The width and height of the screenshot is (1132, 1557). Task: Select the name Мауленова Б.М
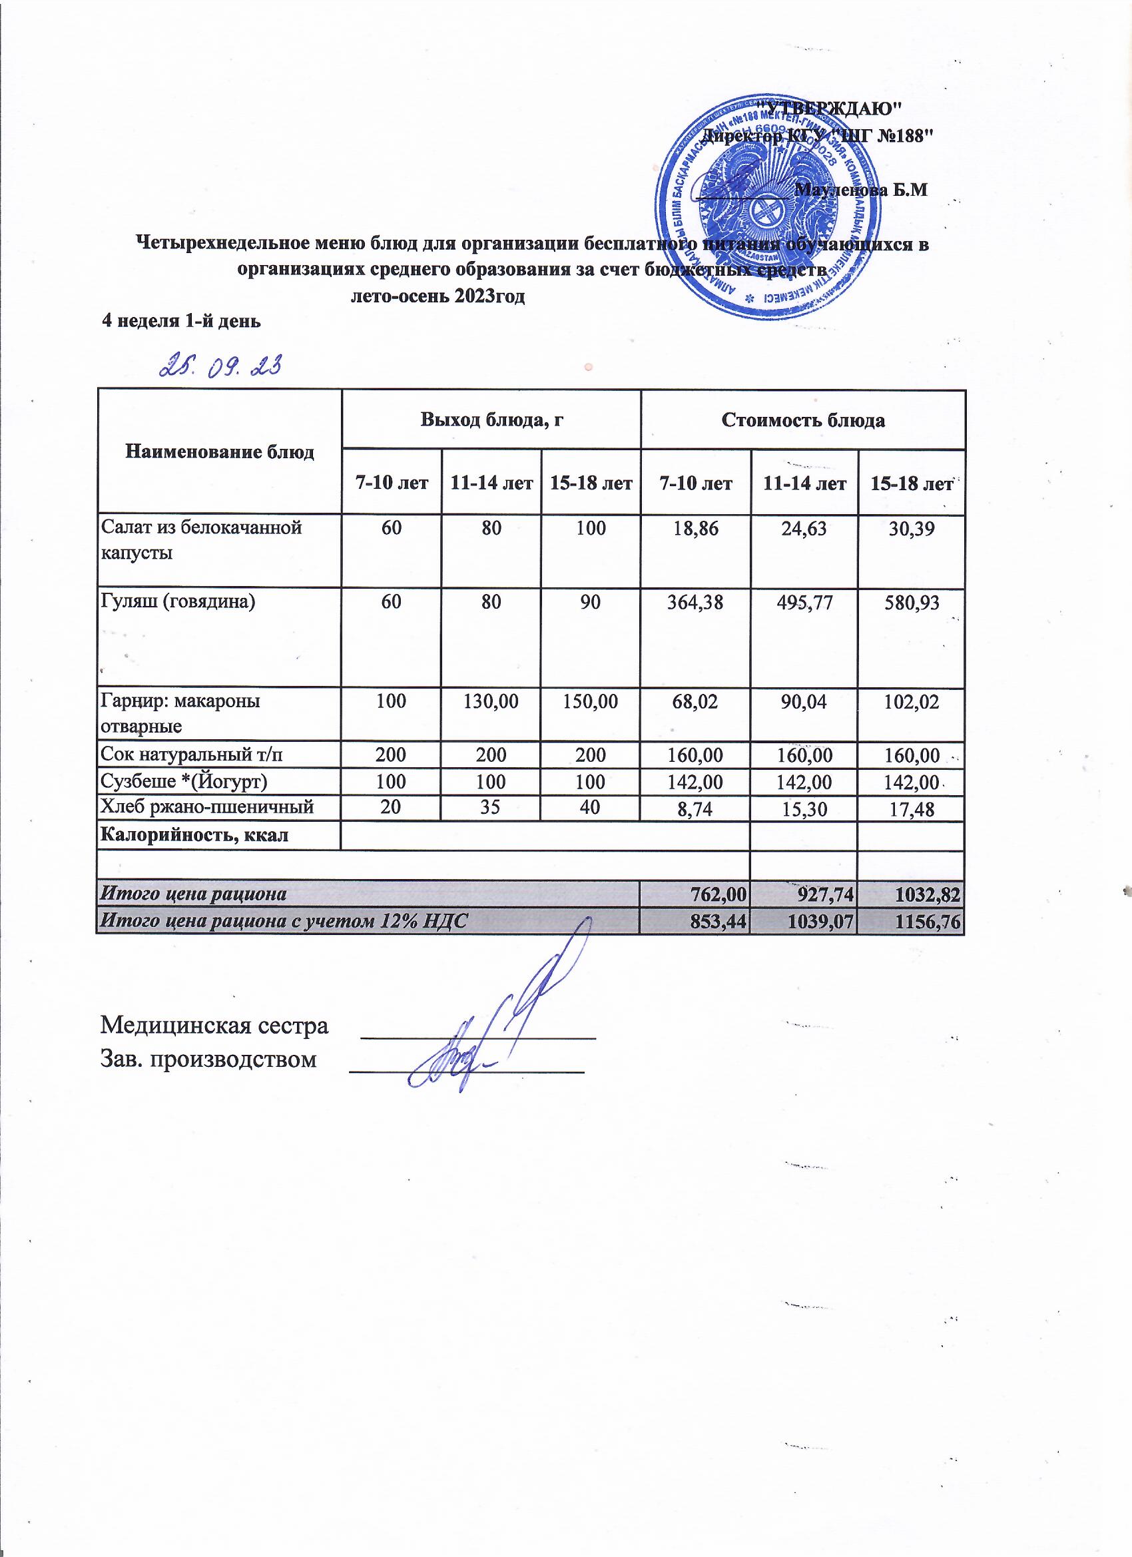point(860,190)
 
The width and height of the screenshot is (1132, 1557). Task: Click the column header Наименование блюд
point(220,452)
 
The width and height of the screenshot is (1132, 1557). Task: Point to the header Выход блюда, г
point(491,420)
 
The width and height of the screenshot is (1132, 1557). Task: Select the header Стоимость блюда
point(803,420)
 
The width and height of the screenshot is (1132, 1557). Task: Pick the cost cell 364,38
point(696,602)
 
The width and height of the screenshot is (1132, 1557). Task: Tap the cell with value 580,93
point(912,603)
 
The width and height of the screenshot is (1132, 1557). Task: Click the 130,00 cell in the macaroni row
point(491,701)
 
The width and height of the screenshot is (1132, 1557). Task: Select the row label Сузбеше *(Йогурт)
point(184,782)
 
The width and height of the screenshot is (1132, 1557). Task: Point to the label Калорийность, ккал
point(195,835)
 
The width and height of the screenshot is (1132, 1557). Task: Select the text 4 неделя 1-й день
point(181,320)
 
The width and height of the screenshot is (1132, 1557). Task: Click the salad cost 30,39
point(912,528)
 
